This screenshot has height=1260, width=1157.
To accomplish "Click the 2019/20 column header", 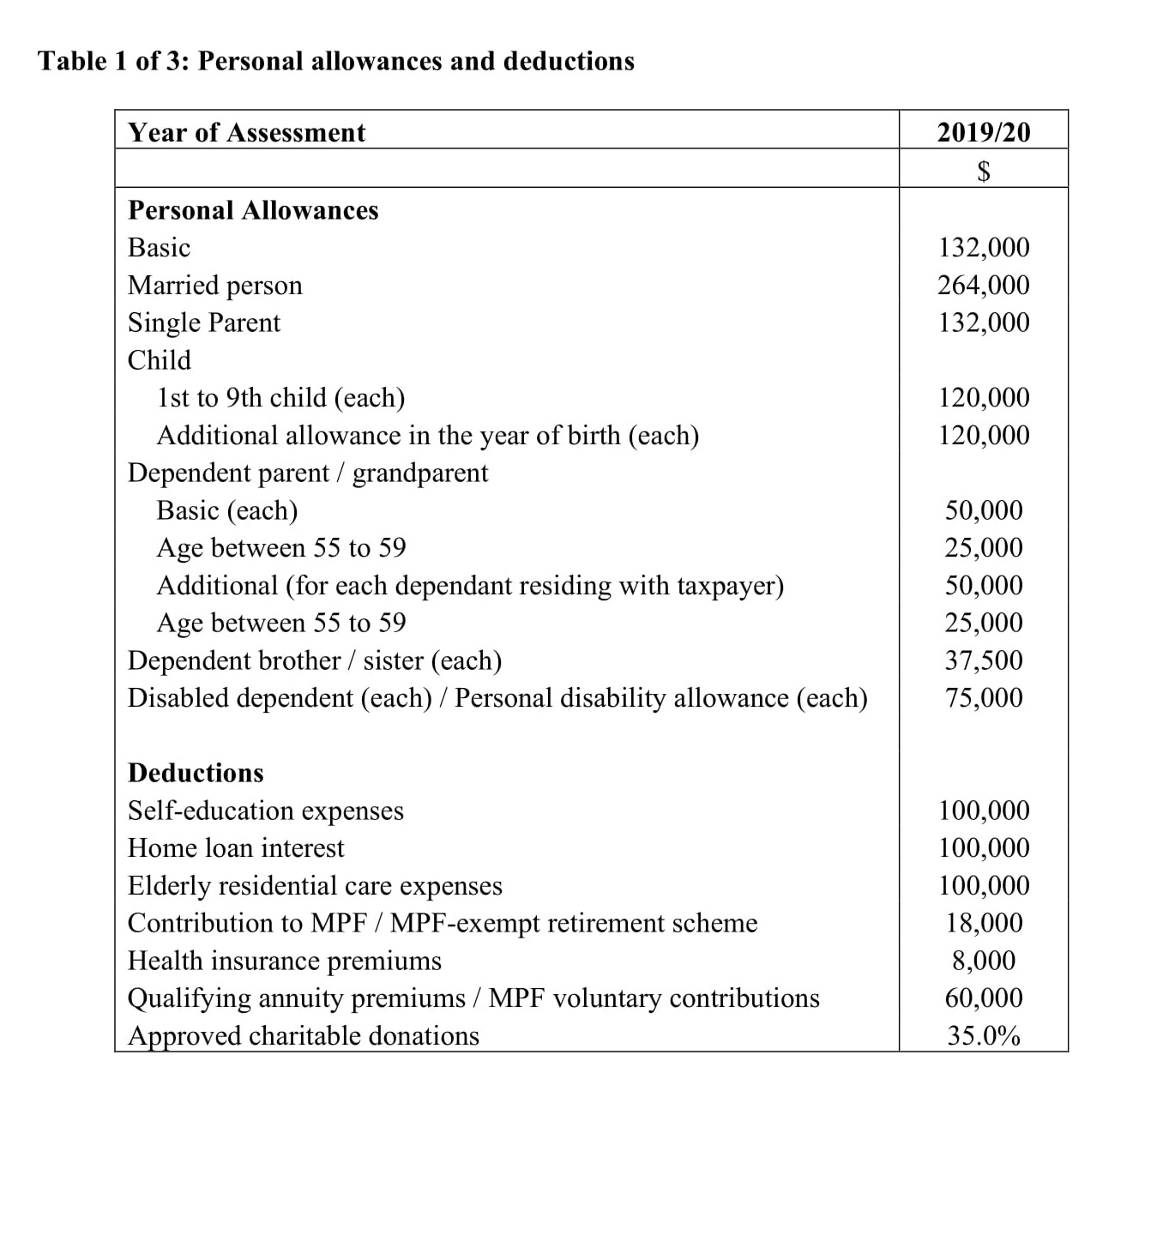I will (x=983, y=132).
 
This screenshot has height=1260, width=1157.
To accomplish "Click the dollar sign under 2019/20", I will (x=984, y=171).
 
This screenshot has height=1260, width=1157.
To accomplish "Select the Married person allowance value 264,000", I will (x=983, y=285).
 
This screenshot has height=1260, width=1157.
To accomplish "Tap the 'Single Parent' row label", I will (x=204, y=323).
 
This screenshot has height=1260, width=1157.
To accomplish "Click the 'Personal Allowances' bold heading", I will (x=253, y=210).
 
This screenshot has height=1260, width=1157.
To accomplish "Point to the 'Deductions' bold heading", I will (x=196, y=773).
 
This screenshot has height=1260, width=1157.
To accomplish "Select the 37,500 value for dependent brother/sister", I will (x=984, y=660).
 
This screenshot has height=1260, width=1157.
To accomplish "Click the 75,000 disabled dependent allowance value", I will (x=984, y=697).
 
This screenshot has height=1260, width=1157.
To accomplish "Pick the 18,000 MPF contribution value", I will (x=984, y=923).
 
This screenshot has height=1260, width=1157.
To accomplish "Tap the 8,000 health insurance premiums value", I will (x=984, y=961).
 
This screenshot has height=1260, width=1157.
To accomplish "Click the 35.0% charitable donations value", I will (x=984, y=1036).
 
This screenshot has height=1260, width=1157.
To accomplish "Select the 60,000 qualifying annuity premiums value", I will (x=984, y=998).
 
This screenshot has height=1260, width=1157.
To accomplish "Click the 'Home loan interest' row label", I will (x=236, y=848).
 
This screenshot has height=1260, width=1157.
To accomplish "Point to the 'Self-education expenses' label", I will (x=266, y=811).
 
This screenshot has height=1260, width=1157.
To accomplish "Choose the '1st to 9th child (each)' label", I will (x=281, y=398).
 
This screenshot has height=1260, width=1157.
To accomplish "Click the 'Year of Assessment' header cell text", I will (x=247, y=132).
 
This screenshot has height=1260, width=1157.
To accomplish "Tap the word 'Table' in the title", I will (x=72, y=61).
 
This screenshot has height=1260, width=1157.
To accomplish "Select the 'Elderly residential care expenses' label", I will (x=315, y=886).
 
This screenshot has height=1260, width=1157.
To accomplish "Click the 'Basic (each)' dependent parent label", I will (x=227, y=510).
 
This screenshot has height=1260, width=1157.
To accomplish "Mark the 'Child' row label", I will (x=160, y=360).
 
